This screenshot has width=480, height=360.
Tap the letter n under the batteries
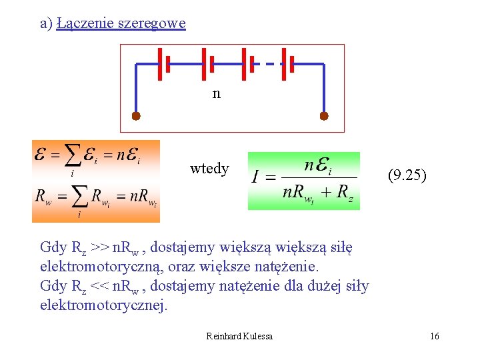coord(216,93)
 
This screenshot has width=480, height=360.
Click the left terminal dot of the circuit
coord(136,116)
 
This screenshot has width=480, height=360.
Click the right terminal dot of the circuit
coord(324,116)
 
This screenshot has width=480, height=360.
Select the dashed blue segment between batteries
coord(264,64)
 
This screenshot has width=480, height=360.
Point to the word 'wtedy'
coord(209,169)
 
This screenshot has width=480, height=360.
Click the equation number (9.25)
coord(407,176)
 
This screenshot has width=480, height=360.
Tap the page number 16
coord(435,336)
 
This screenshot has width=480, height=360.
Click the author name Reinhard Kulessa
coord(239,336)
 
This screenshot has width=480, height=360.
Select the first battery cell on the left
coord(164,64)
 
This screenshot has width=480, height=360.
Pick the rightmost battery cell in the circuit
coord(287,64)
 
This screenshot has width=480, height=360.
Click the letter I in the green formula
coord(255,177)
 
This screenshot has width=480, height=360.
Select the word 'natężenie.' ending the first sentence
coord(285,267)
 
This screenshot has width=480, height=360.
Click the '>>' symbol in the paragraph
coord(100,248)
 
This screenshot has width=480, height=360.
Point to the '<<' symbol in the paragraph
coord(99,286)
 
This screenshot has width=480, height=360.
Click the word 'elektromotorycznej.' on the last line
coord(105,305)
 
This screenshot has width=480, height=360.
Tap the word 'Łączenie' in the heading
coord(78,23)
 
